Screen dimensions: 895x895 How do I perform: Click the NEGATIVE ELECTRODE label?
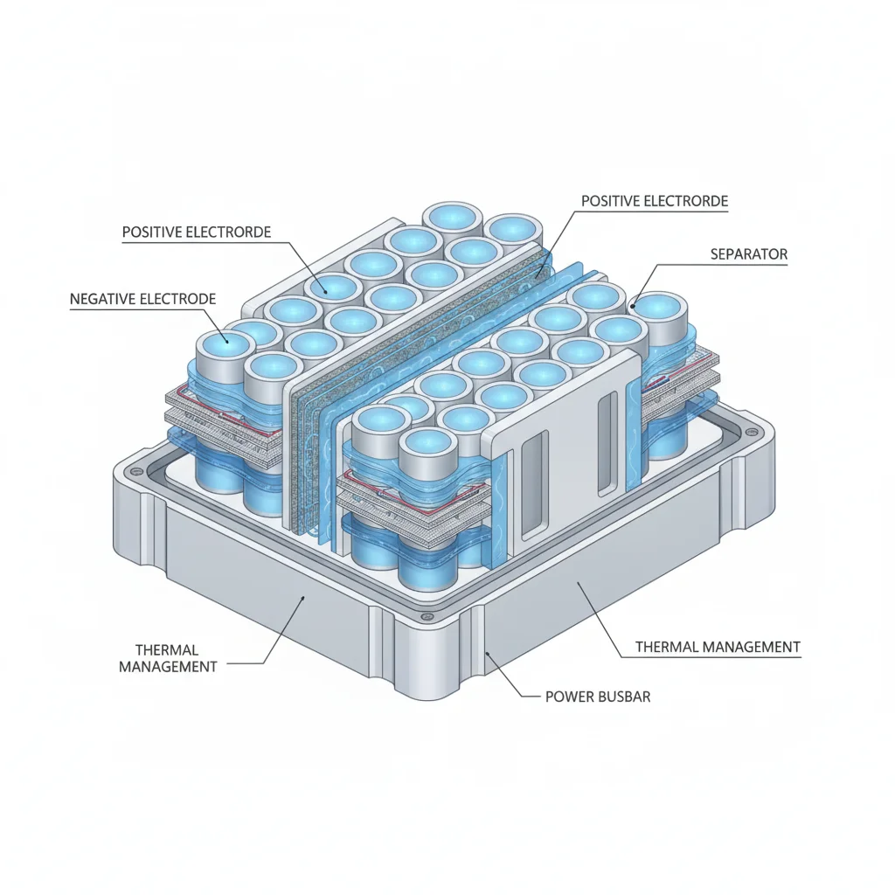click(142, 299)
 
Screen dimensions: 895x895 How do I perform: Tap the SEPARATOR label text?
click(749, 254)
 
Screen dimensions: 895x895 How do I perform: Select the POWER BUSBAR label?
click(598, 697)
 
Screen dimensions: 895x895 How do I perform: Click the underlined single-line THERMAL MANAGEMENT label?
click(718, 647)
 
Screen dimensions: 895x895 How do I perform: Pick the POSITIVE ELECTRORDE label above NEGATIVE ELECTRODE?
click(197, 232)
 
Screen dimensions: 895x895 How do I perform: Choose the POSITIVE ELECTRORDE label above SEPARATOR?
click(655, 201)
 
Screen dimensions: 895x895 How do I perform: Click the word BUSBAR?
click(623, 697)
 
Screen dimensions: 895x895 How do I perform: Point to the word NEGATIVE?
click(102, 299)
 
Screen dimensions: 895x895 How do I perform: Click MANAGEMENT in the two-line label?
click(168, 666)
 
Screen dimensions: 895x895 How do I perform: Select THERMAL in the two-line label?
click(167, 650)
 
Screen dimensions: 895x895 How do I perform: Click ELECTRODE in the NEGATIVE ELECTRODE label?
click(178, 299)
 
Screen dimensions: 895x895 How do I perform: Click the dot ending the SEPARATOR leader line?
click(633, 307)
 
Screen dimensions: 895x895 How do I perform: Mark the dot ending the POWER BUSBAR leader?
click(487, 653)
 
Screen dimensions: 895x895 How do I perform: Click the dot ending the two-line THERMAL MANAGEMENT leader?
click(303, 598)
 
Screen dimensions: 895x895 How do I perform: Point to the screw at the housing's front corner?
click(424, 617)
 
